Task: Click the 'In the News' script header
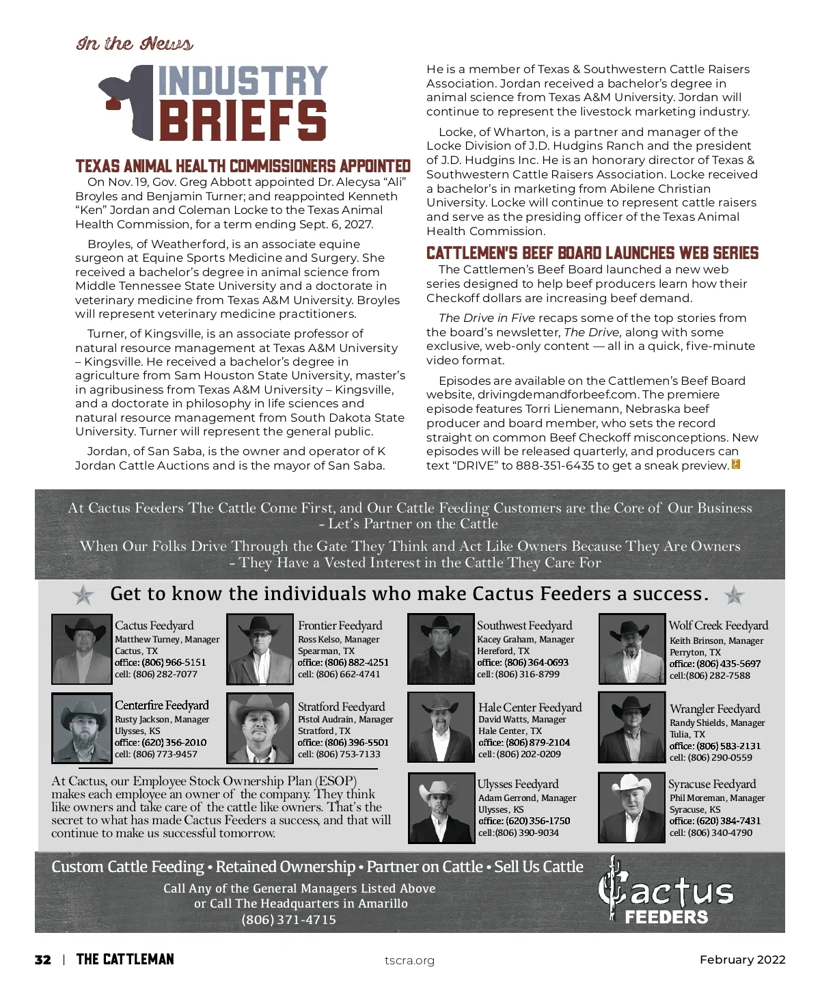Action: (135, 44)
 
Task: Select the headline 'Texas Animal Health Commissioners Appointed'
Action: (243, 166)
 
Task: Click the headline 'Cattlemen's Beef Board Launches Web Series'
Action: (592, 253)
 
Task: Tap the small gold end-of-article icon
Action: (736, 465)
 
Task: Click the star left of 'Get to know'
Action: (83, 595)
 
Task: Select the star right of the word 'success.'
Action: (735, 595)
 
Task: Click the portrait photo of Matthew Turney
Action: (81, 649)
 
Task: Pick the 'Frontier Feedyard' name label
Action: (340, 625)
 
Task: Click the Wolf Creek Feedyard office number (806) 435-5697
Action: (715, 664)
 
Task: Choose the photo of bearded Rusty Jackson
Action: (81, 728)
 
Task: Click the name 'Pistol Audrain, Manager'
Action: (345, 720)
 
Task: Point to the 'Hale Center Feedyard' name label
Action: (530, 707)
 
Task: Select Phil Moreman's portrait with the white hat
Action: (631, 808)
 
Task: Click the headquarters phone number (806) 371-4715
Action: (288, 920)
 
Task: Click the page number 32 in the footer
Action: (42, 960)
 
